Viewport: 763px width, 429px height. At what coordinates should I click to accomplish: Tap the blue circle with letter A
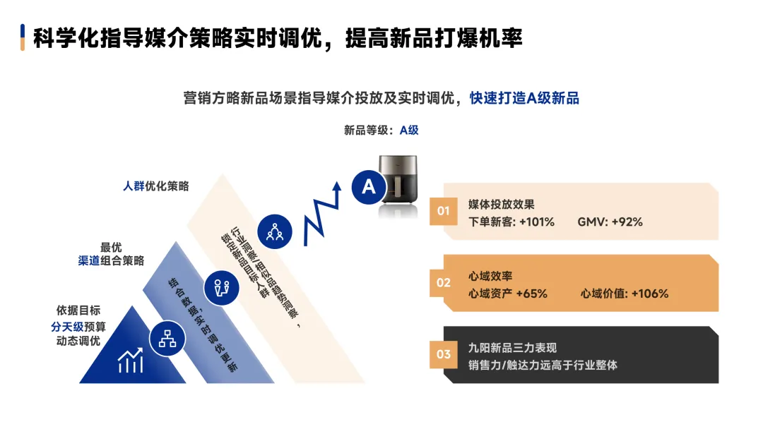point(368,187)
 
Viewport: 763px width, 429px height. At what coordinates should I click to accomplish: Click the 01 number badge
point(443,211)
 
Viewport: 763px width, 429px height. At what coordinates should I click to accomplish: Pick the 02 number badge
point(443,283)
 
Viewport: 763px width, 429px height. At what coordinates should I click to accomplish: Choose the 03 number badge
point(443,354)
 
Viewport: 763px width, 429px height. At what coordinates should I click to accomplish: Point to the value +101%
point(536,222)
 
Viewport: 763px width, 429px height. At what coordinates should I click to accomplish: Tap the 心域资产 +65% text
point(507,294)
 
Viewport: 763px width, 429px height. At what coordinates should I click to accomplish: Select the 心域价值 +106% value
point(625,294)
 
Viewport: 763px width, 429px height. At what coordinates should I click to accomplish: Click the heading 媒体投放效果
point(502,205)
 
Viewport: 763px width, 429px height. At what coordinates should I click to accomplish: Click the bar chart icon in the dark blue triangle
point(131,361)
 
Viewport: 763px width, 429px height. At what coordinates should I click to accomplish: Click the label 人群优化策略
point(156,186)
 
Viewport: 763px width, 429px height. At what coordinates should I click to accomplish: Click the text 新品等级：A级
point(381,130)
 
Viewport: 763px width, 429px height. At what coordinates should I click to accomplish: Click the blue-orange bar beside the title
point(23,37)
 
